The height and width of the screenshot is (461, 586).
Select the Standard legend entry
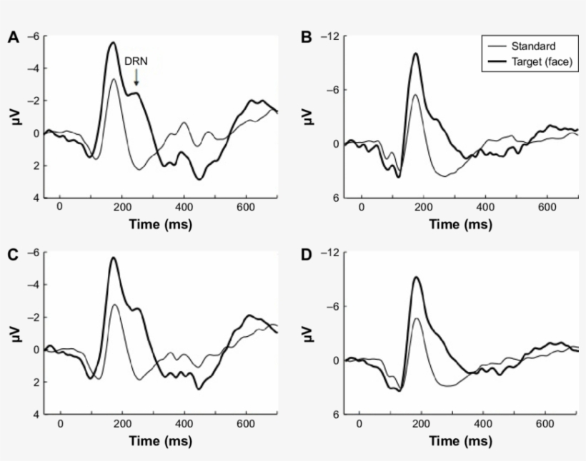(532, 46)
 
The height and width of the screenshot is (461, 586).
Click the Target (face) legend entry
(542, 62)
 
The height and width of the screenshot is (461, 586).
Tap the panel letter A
(12, 37)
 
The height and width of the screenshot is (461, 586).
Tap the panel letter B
(307, 37)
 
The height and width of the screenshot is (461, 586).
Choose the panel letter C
(12, 253)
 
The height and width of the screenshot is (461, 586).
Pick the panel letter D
(307, 253)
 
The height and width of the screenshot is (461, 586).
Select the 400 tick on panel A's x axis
(184, 207)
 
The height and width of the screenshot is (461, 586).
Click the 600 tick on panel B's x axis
(547, 207)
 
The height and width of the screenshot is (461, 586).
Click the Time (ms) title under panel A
(160, 224)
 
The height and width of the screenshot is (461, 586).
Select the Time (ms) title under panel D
(460, 440)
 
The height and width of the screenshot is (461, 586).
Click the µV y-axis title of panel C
(14, 334)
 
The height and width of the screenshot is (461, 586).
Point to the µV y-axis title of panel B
(309, 116)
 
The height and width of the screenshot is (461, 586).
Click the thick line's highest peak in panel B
(414, 53)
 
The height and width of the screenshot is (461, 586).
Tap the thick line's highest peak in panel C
(113, 258)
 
